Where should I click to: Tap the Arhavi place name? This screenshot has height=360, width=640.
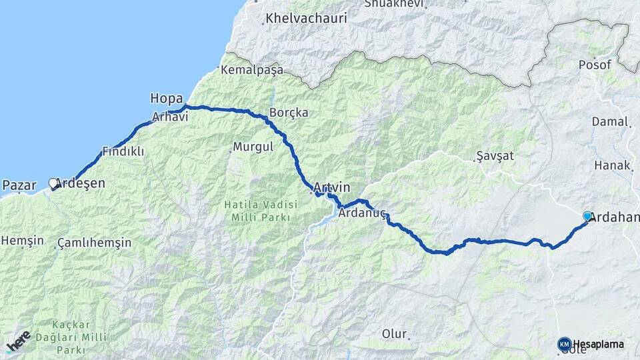pos(170,117)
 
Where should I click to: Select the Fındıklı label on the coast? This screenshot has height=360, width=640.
pos(123,151)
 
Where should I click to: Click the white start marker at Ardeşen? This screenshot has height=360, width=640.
pos(53,183)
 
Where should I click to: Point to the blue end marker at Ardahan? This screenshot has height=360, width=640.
pos(587,216)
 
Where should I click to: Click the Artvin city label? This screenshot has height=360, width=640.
pos(331,188)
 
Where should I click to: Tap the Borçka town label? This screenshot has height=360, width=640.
pos(289,113)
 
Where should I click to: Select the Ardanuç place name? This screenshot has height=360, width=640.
pos(362,214)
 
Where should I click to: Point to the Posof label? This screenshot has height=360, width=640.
pos(595,64)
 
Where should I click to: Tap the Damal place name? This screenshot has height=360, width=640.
pos(609,122)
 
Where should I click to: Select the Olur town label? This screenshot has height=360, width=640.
pos(394,333)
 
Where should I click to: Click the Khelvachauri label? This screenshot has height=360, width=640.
pos(306,19)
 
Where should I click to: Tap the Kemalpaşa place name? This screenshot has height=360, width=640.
pos(252,70)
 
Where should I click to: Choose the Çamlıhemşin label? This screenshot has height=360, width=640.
pos(94,243)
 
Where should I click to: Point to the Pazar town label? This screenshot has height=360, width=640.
pos(19,185)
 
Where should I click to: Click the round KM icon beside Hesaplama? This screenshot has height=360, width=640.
pos(564,344)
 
